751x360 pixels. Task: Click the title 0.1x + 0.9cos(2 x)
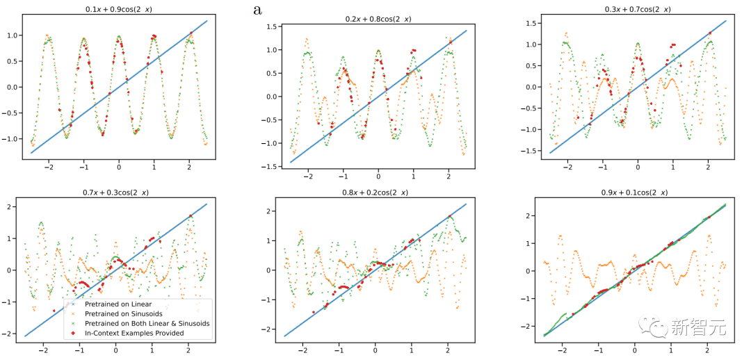pyautogui.click(x=118, y=9)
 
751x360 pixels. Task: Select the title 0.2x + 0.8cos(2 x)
pyautogui.click(x=378, y=18)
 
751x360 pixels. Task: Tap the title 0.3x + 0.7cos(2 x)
pyautogui.click(x=637, y=9)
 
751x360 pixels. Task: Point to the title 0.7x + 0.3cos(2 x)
pyautogui.click(x=118, y=193)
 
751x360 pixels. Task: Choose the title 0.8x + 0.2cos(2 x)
pyautogui.click(x=375, y=193)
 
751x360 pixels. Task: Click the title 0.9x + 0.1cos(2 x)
pyautogui.click(x=637, y=193)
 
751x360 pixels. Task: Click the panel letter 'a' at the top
pyautogui.click(x=259, y=10)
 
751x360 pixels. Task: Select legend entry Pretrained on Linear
pyautogui.click(x=118, y=304)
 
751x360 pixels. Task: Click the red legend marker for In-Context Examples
pyautogui.click(x=74, y=333)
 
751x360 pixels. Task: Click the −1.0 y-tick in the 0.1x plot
pyautogui.click(x=13, y=138)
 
